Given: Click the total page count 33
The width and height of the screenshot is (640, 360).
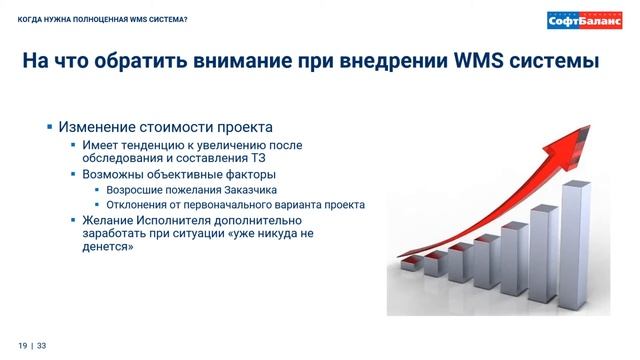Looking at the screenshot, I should [x=42, y=345].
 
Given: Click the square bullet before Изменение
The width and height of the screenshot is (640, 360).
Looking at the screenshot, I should [x=51, y=127].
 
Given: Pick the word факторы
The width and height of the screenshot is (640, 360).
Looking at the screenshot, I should [x=242, y=173].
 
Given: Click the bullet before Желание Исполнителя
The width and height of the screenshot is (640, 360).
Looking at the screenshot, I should [x=73, y=219].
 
